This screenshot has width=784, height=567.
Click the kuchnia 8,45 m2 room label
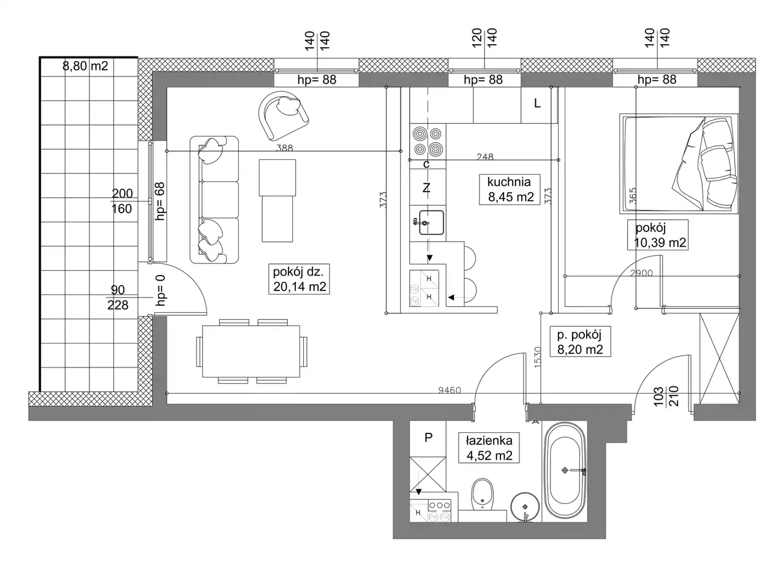[x=510, y=189]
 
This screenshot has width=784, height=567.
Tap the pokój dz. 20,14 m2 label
[x=299, y=279]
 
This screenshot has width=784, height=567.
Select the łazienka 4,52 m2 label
[x=489, y=448]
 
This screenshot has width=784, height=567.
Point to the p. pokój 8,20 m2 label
[x=580, y=342]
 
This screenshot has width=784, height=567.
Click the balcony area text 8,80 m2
[x=85, y=66]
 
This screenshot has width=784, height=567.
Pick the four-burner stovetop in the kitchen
[x=428, y=142]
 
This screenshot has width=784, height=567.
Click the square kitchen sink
[x=431, y=223]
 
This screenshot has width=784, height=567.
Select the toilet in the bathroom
[x=482, y=495]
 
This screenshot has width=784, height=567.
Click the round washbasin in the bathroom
[x=525, y=507]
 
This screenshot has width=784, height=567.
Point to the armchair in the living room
[x=284, y=116]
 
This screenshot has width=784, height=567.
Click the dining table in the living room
[x=251, y=351]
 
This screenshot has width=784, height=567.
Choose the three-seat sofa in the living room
[x=214, y=200]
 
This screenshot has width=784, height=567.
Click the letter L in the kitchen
[x=537, y=103]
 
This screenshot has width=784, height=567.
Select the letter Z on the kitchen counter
[x=426, y=189]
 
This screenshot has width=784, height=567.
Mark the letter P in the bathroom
[x=428, y=438]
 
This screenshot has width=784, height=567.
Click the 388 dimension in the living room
[x=285, y=148]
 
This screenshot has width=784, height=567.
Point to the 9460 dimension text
[x=450, y=390]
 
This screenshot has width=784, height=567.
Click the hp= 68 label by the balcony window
[x=160, y=201]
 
